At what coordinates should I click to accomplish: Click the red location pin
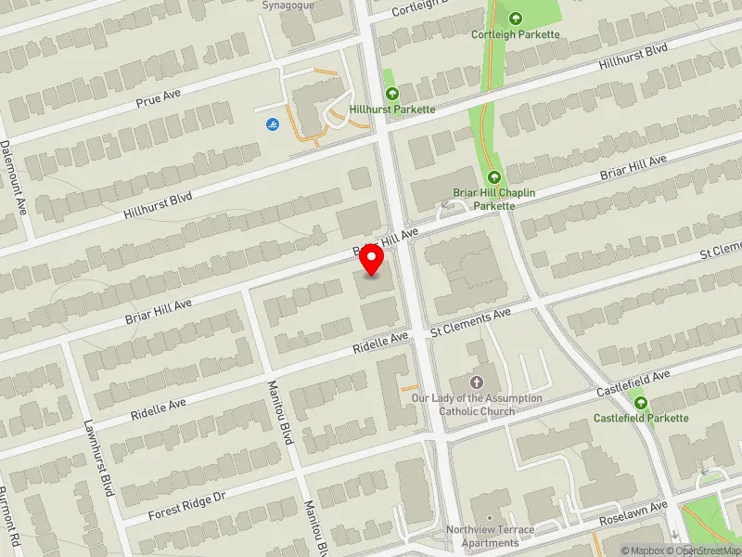tap(372, 259)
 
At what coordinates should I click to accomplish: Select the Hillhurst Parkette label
tap(392, 110)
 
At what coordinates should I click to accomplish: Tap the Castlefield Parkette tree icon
tap(641, 402)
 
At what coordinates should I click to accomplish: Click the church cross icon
tap(478, 382)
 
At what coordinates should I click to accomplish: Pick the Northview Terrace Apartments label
tap(490, 536)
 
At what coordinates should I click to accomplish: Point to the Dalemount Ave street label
tap(16, 176)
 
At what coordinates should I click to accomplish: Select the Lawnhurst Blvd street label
tap(102, 455)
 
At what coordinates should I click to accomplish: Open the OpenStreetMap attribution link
tap(707, 551)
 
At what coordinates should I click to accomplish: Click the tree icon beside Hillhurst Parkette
tap(392, 93)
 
